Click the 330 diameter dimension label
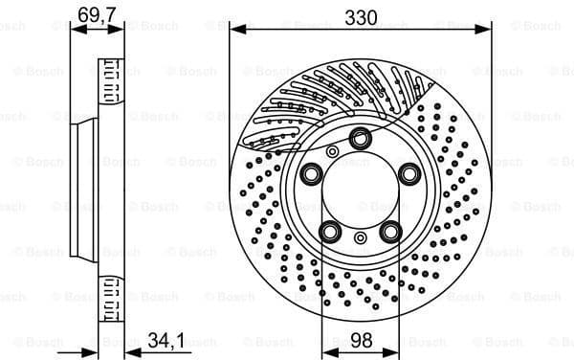pos(362,17)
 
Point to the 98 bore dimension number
pos(361,339)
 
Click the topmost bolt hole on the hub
pos(360,138)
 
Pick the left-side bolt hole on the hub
pos(311,174)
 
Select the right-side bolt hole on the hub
pos(408,173)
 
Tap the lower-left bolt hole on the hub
pos(330,231)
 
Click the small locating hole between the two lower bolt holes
pos(360,237)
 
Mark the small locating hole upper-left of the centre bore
pos(332,151)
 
